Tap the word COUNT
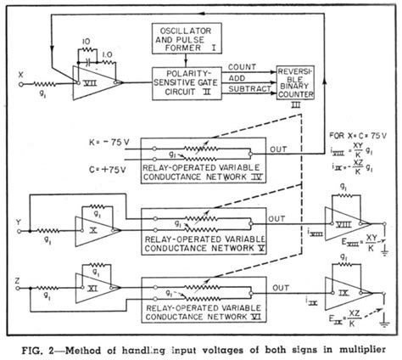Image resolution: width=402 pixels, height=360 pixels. [244, 65]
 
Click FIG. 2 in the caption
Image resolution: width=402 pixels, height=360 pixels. [43, 346]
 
